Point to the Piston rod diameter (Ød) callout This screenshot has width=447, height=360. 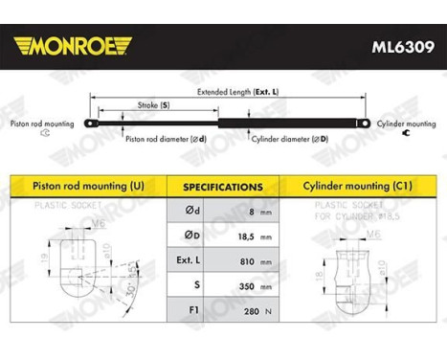point(167,139)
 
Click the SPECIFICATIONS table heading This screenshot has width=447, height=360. point(223,187)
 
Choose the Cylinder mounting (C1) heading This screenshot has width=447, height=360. point(357,185)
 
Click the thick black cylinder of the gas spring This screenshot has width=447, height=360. point(287,122)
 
